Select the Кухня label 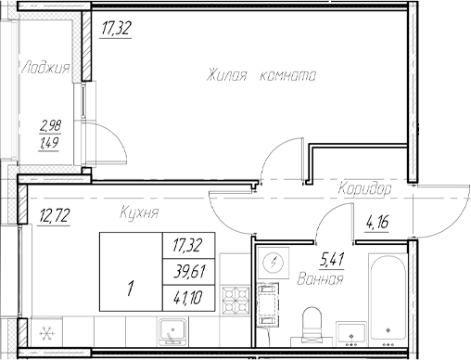(139, 213)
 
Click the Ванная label (322, 278)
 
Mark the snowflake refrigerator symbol (42, 331)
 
